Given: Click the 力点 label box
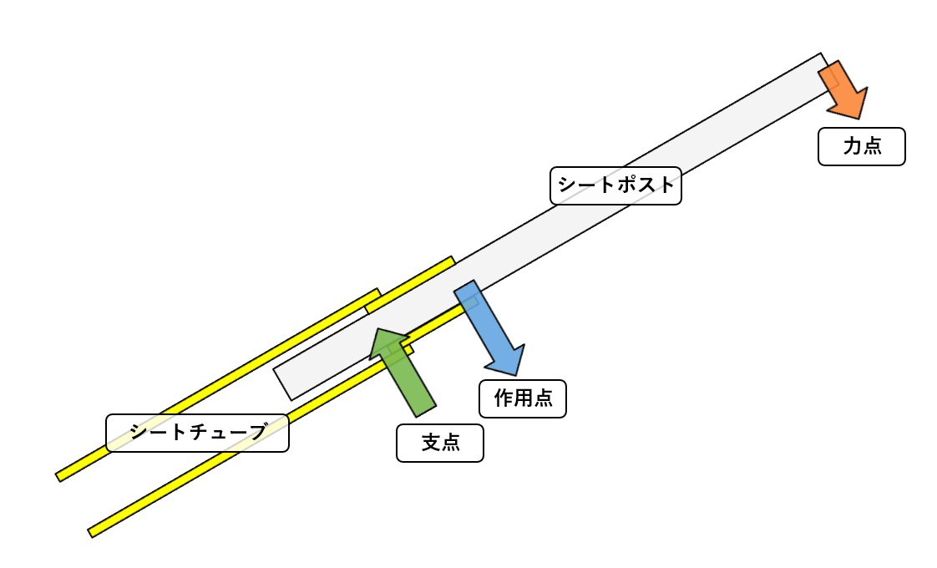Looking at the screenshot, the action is (861, 147).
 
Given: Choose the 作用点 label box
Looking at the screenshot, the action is (523, 398).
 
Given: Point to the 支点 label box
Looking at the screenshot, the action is (440, 442).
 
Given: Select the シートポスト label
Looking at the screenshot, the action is (615, 185).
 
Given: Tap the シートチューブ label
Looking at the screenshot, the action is (197, 433).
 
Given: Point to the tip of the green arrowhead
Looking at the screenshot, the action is (377, 329).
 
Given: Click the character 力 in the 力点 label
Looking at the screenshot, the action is (851, 147).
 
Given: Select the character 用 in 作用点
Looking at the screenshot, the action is (523, 398).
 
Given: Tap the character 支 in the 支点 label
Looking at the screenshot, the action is (430, 442).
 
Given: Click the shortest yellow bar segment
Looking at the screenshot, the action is (410, 284).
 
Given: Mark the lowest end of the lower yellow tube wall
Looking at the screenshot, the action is (91, 531).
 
